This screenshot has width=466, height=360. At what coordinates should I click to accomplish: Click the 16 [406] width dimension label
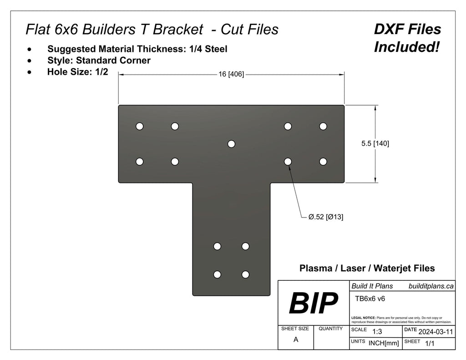(x=231, y=75)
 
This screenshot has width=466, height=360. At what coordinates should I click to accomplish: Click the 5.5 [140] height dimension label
(x=375, y=143)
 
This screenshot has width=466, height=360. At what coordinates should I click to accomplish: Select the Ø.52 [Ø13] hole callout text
(x=326, y=217)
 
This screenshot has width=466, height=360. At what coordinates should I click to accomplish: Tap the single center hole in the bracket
(x=231, y=144)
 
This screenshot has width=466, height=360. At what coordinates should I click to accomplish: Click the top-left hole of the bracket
(x=140, y=126)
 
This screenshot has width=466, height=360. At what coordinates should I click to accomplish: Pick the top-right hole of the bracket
(x=323, y=126)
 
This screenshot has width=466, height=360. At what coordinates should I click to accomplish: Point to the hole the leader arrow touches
(x=288, y=161)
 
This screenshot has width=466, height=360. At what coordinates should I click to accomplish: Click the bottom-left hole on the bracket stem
(x=218, y=274)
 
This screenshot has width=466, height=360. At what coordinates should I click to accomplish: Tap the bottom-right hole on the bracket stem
(x=246, y=274)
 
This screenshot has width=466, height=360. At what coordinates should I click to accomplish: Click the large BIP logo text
(x=314, y=303)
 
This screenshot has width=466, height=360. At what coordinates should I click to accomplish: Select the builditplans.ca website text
(x=431, y=286)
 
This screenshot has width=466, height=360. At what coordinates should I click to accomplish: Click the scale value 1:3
(x=377, y=332)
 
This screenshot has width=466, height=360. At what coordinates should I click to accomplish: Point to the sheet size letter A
(x=296, y=340)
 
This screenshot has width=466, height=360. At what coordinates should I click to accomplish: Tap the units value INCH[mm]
(x=383, y=344)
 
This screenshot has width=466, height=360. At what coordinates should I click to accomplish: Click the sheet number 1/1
(x=429, y=344)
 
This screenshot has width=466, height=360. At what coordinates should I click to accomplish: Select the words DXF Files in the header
(x=407, y=30)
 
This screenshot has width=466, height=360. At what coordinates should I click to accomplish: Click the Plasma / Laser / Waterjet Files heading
(x=367, y=269)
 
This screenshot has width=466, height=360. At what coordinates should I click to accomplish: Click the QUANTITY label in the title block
(x=330, y=328)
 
